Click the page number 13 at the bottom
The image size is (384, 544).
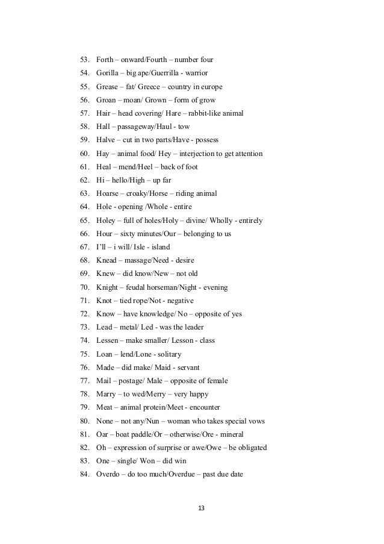point(201,508)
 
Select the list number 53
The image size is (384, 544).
point(84,60)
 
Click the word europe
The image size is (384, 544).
point(212,86)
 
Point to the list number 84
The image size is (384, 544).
point(84,474)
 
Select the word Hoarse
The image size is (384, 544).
point(109,193)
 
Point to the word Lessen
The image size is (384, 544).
point(109,340)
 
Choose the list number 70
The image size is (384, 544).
point(84,287)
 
